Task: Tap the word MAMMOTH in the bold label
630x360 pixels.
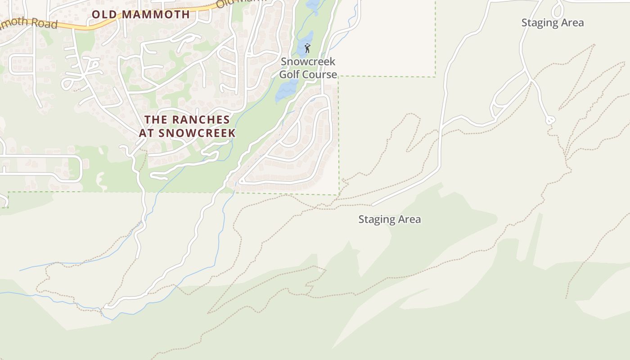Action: tap(156, 14)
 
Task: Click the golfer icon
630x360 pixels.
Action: tap(308, 48)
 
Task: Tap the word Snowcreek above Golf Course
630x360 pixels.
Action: tap(308, 62)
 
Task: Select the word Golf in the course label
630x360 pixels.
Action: tap(290, 74)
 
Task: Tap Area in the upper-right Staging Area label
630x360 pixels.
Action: tap(573, 22)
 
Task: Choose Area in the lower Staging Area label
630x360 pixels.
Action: tap(410, 219)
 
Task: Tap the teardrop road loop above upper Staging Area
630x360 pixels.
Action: tap(558, 10)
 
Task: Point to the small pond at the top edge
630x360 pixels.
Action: tap(311, 4)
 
